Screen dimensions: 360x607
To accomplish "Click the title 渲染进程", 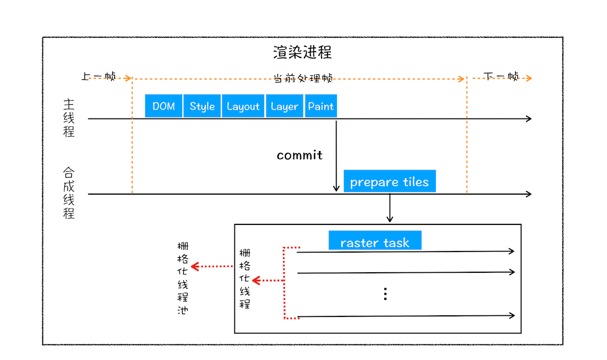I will (302, 53).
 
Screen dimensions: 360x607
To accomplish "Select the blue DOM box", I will (164, 106).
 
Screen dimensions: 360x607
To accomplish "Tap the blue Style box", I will (202, 106).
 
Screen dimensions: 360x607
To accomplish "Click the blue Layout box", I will (243, 106).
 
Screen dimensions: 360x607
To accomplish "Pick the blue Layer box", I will (284, 106).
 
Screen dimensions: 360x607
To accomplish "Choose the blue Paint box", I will (321, 106).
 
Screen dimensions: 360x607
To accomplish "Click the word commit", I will (299, 155).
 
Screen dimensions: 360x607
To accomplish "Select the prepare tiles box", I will (389, 181).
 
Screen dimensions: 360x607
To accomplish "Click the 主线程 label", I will (69, 118).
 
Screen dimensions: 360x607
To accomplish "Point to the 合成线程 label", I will (69, 193).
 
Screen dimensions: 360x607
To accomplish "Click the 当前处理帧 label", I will (302, 78).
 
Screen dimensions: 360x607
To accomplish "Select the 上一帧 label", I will (98, 76).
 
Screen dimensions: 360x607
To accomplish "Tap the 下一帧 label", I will (501, 76).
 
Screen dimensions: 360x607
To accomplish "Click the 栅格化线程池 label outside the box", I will (182, 278).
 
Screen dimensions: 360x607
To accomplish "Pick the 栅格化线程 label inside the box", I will (245, 278).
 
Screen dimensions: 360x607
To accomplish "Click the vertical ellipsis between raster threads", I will (385, 294).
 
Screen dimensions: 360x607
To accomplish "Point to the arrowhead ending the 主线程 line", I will (528, 119).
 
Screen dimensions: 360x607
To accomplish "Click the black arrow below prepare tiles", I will (390, 208).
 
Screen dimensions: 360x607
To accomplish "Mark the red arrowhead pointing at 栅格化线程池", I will (195, 266).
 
